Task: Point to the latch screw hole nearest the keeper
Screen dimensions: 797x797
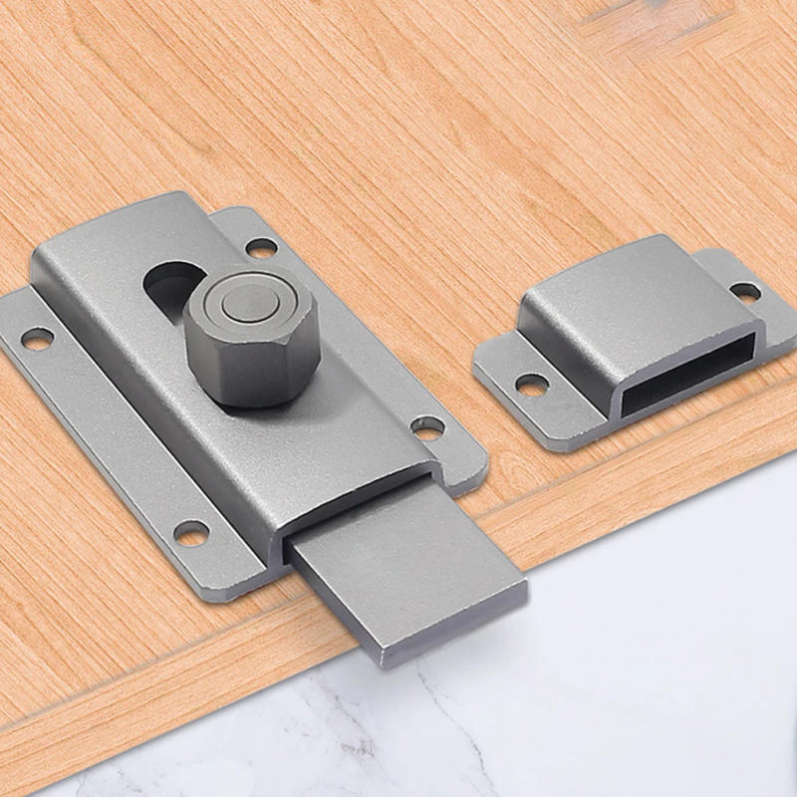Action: (428, 428)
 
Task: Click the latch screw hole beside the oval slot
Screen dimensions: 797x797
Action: (261, 246)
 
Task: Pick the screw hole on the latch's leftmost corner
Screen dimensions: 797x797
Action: (36, 339)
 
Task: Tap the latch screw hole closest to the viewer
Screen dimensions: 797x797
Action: (191, 533)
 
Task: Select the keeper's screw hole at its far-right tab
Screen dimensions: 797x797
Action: (745, 291)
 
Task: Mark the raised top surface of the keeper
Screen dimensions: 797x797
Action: (638, 289)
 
